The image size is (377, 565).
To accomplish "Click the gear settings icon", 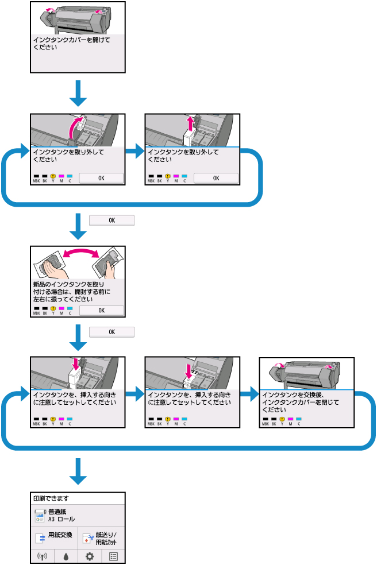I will pyautogui.click(x=90, y=557).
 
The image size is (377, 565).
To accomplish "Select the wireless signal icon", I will pyautogui.click(x=41, y=557).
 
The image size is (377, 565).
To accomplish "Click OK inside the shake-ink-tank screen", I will pyautogui.click(x=101, y=311).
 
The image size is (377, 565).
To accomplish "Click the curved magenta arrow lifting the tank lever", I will pyautogui.click(x=74, y=127).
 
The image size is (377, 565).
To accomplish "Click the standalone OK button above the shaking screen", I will pyautogui.click(x=112, y=220).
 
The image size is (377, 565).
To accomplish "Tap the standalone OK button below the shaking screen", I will pyautogui.click(x=112, y=332).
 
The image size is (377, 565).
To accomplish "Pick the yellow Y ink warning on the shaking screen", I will pyautogui.click(x=53, y=309).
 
